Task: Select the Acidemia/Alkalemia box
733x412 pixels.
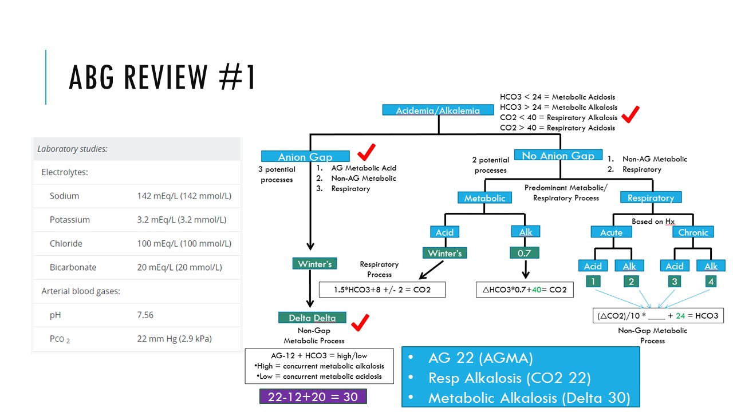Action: click(438, 110)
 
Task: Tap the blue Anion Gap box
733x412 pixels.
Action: click(305, 156)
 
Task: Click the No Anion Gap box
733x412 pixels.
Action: click(558, 155)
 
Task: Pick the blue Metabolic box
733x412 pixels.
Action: click(484, 197)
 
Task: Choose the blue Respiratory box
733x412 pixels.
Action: click(651, 197)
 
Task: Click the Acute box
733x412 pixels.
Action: click(611, 232)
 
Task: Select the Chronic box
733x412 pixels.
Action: click(693, 232)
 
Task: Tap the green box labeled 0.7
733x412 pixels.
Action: click(525, 252)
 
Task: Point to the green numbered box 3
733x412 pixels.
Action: click(675, 282)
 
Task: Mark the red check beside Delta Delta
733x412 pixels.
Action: click(360, 323)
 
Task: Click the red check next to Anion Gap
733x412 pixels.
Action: click(366, 152)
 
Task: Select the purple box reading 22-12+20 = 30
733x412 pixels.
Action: click(313, 397)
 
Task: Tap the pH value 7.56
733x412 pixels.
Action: click(145, 315)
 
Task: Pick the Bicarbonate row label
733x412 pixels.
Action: click(73, 267)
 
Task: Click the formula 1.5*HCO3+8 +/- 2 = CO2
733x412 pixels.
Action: click(382, 290)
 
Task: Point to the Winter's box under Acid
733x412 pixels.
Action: click(444, 252)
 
